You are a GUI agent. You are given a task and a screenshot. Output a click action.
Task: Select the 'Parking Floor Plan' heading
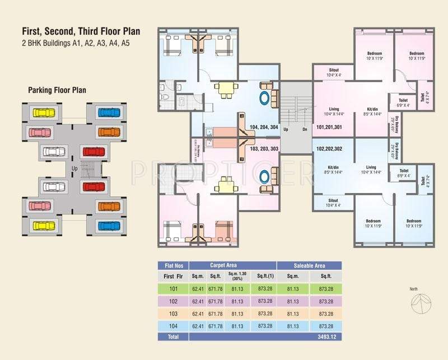[57, 90]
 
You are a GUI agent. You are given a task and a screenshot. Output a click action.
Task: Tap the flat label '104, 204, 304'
[264, 127]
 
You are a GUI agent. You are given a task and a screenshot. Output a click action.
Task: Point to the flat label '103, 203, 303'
[264, 149]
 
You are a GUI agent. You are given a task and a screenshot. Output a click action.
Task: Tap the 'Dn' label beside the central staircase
[305, 129]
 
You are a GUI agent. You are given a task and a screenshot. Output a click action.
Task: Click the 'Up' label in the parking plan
[73, 167]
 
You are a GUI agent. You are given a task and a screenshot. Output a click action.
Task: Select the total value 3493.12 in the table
[325, 337]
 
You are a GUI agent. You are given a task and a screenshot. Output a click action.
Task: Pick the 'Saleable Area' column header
[309, 265]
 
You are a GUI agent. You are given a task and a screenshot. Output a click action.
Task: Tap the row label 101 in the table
[172, 289]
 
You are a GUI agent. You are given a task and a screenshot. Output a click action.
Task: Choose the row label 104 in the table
[172, 325]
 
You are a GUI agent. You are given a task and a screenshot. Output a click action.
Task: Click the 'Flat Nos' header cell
[172, 265]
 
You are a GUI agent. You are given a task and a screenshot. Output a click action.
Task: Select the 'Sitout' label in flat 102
[333, 203]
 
